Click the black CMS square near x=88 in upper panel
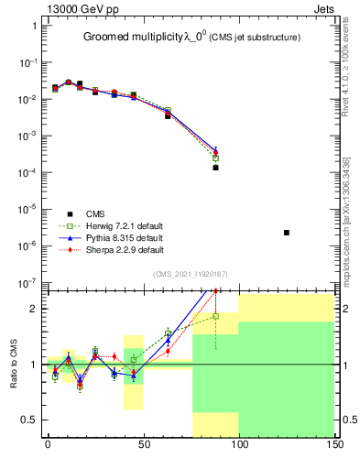coord(215,168)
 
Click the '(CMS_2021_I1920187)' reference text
coord(191,274)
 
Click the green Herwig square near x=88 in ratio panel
coord(215,316)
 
